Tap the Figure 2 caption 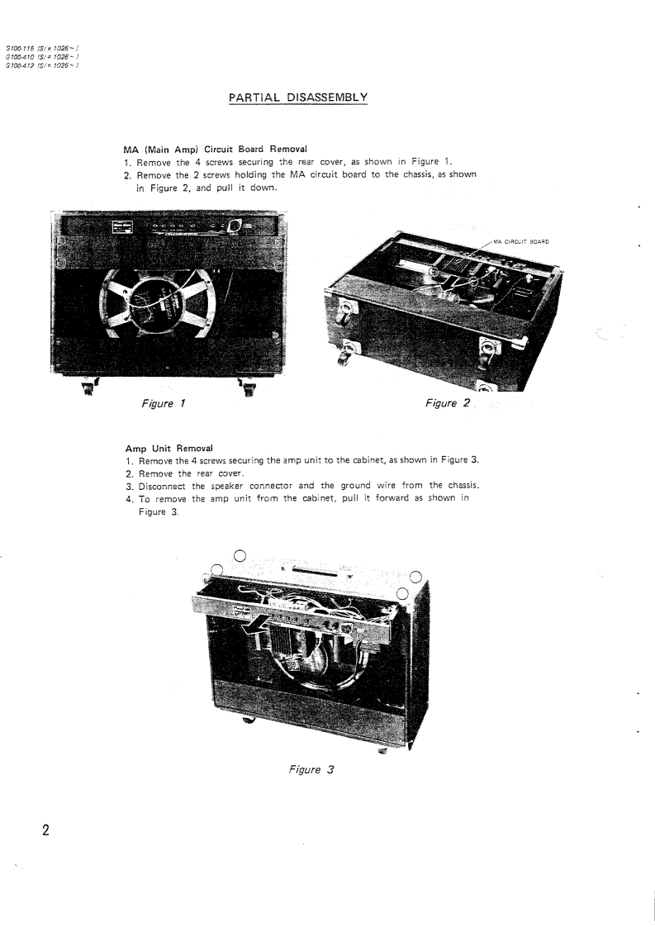click(445, 404)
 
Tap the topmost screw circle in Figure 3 click(240, 556)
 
